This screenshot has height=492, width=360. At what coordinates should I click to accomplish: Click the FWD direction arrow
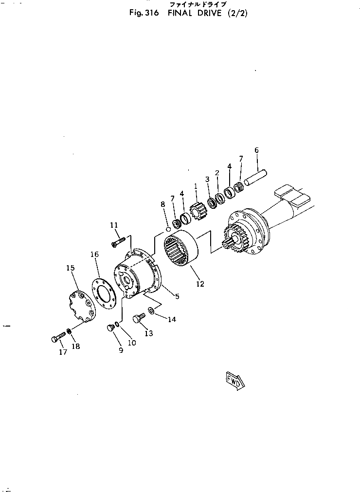(x=235, y=380)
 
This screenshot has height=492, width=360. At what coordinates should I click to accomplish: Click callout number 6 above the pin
(x=256, y=150)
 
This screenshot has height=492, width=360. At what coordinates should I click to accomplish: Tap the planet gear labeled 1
(x=199, y=212)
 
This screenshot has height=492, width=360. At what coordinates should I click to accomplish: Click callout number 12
(x=200, y=284)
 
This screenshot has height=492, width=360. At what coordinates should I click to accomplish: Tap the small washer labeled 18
(x=69, y=331)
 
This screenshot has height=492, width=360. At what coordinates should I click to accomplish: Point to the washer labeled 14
(x=151, y=310)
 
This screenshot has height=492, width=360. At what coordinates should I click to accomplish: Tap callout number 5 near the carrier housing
(x=177, y=295)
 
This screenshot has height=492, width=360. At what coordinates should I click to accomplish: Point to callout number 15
(x=71, y=268)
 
